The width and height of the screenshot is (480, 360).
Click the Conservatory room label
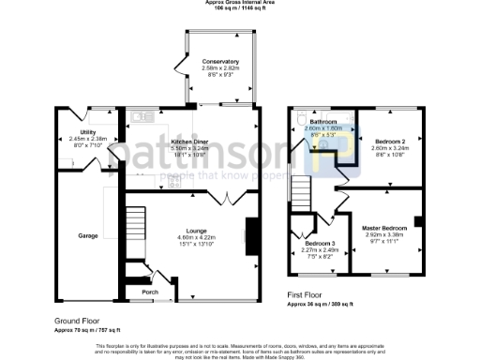[x=220, y=62]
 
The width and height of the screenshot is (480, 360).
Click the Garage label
[x=87, y=235]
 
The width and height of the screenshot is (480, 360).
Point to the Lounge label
[x=196, y=230]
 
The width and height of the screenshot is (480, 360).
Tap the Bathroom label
[x=324, y=123]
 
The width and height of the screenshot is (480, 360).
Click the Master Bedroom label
[x=384, y=228]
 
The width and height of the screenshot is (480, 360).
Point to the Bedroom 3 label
[x=313, y=244]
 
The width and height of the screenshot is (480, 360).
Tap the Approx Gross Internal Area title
[x=239, y=3]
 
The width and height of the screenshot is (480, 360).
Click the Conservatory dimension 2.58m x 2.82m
[x=220, y=68]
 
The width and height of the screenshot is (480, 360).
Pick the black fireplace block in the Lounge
[x=250, y=236]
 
